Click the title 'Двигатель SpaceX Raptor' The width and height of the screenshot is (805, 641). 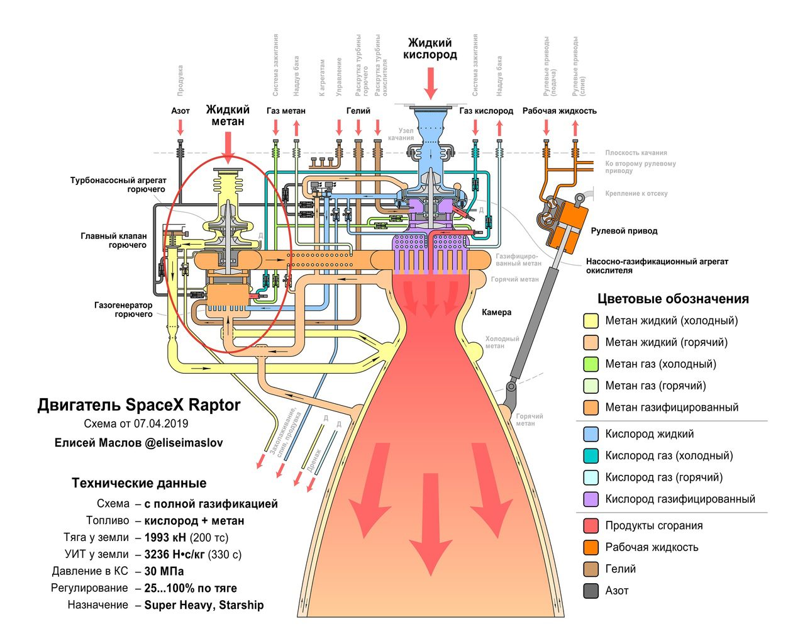138,404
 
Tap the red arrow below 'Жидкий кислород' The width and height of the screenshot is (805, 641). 430,83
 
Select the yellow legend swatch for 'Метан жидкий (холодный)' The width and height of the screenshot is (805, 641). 591,321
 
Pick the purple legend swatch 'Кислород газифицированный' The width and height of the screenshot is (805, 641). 591,499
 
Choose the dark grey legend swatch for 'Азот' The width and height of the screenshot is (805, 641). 591,591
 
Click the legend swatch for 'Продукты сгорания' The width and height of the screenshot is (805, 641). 591,526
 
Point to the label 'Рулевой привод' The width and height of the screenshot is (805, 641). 624,231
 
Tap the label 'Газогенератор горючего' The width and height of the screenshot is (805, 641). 123,309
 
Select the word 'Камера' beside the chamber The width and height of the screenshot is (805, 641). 497,312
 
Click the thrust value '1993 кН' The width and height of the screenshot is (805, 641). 165,538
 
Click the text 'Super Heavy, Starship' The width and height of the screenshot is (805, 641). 204,605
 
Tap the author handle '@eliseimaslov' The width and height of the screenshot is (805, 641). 184,443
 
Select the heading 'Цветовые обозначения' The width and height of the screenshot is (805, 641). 673,299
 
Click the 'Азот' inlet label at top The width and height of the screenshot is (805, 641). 180,111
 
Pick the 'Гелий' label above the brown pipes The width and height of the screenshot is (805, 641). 358,111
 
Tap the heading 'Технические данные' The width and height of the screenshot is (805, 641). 139,483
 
